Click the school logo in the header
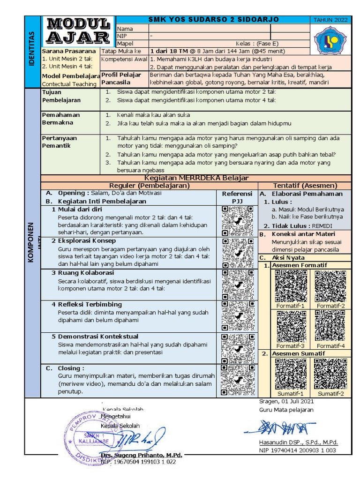[x=331, y=41]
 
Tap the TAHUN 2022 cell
[x=330, y=20]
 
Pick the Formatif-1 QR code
[x=290, y=286]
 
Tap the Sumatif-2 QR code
[x=330, y=374]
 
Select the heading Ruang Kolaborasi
[x=86, y=272]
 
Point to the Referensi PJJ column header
[x=237, y=197]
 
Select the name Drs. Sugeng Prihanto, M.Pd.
[x=141, y=455]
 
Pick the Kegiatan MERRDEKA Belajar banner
[x=196, y=178]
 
